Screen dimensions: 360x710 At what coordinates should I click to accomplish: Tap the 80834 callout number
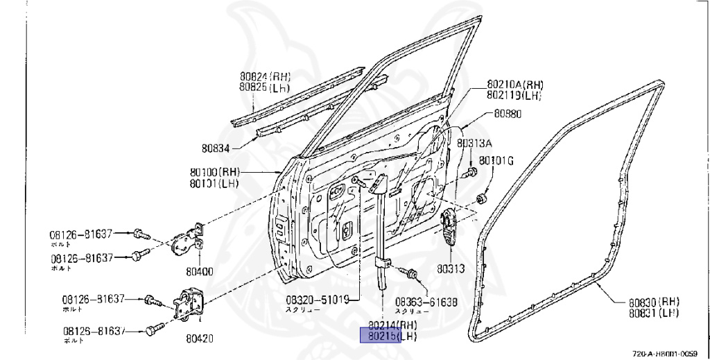pos(217,148)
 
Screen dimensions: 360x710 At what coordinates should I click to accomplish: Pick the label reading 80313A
pos(474,144)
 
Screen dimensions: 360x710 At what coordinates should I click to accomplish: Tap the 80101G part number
pos(496,161)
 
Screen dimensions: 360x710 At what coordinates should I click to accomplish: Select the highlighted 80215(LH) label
pos(381,336)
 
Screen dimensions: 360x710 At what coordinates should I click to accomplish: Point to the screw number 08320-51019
pos(318,301)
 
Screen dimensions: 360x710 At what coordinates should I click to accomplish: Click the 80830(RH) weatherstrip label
pos(654,302)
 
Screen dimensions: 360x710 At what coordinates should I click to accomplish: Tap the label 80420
pos(199,339)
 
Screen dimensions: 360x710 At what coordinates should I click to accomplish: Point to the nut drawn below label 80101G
pos(480,200)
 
